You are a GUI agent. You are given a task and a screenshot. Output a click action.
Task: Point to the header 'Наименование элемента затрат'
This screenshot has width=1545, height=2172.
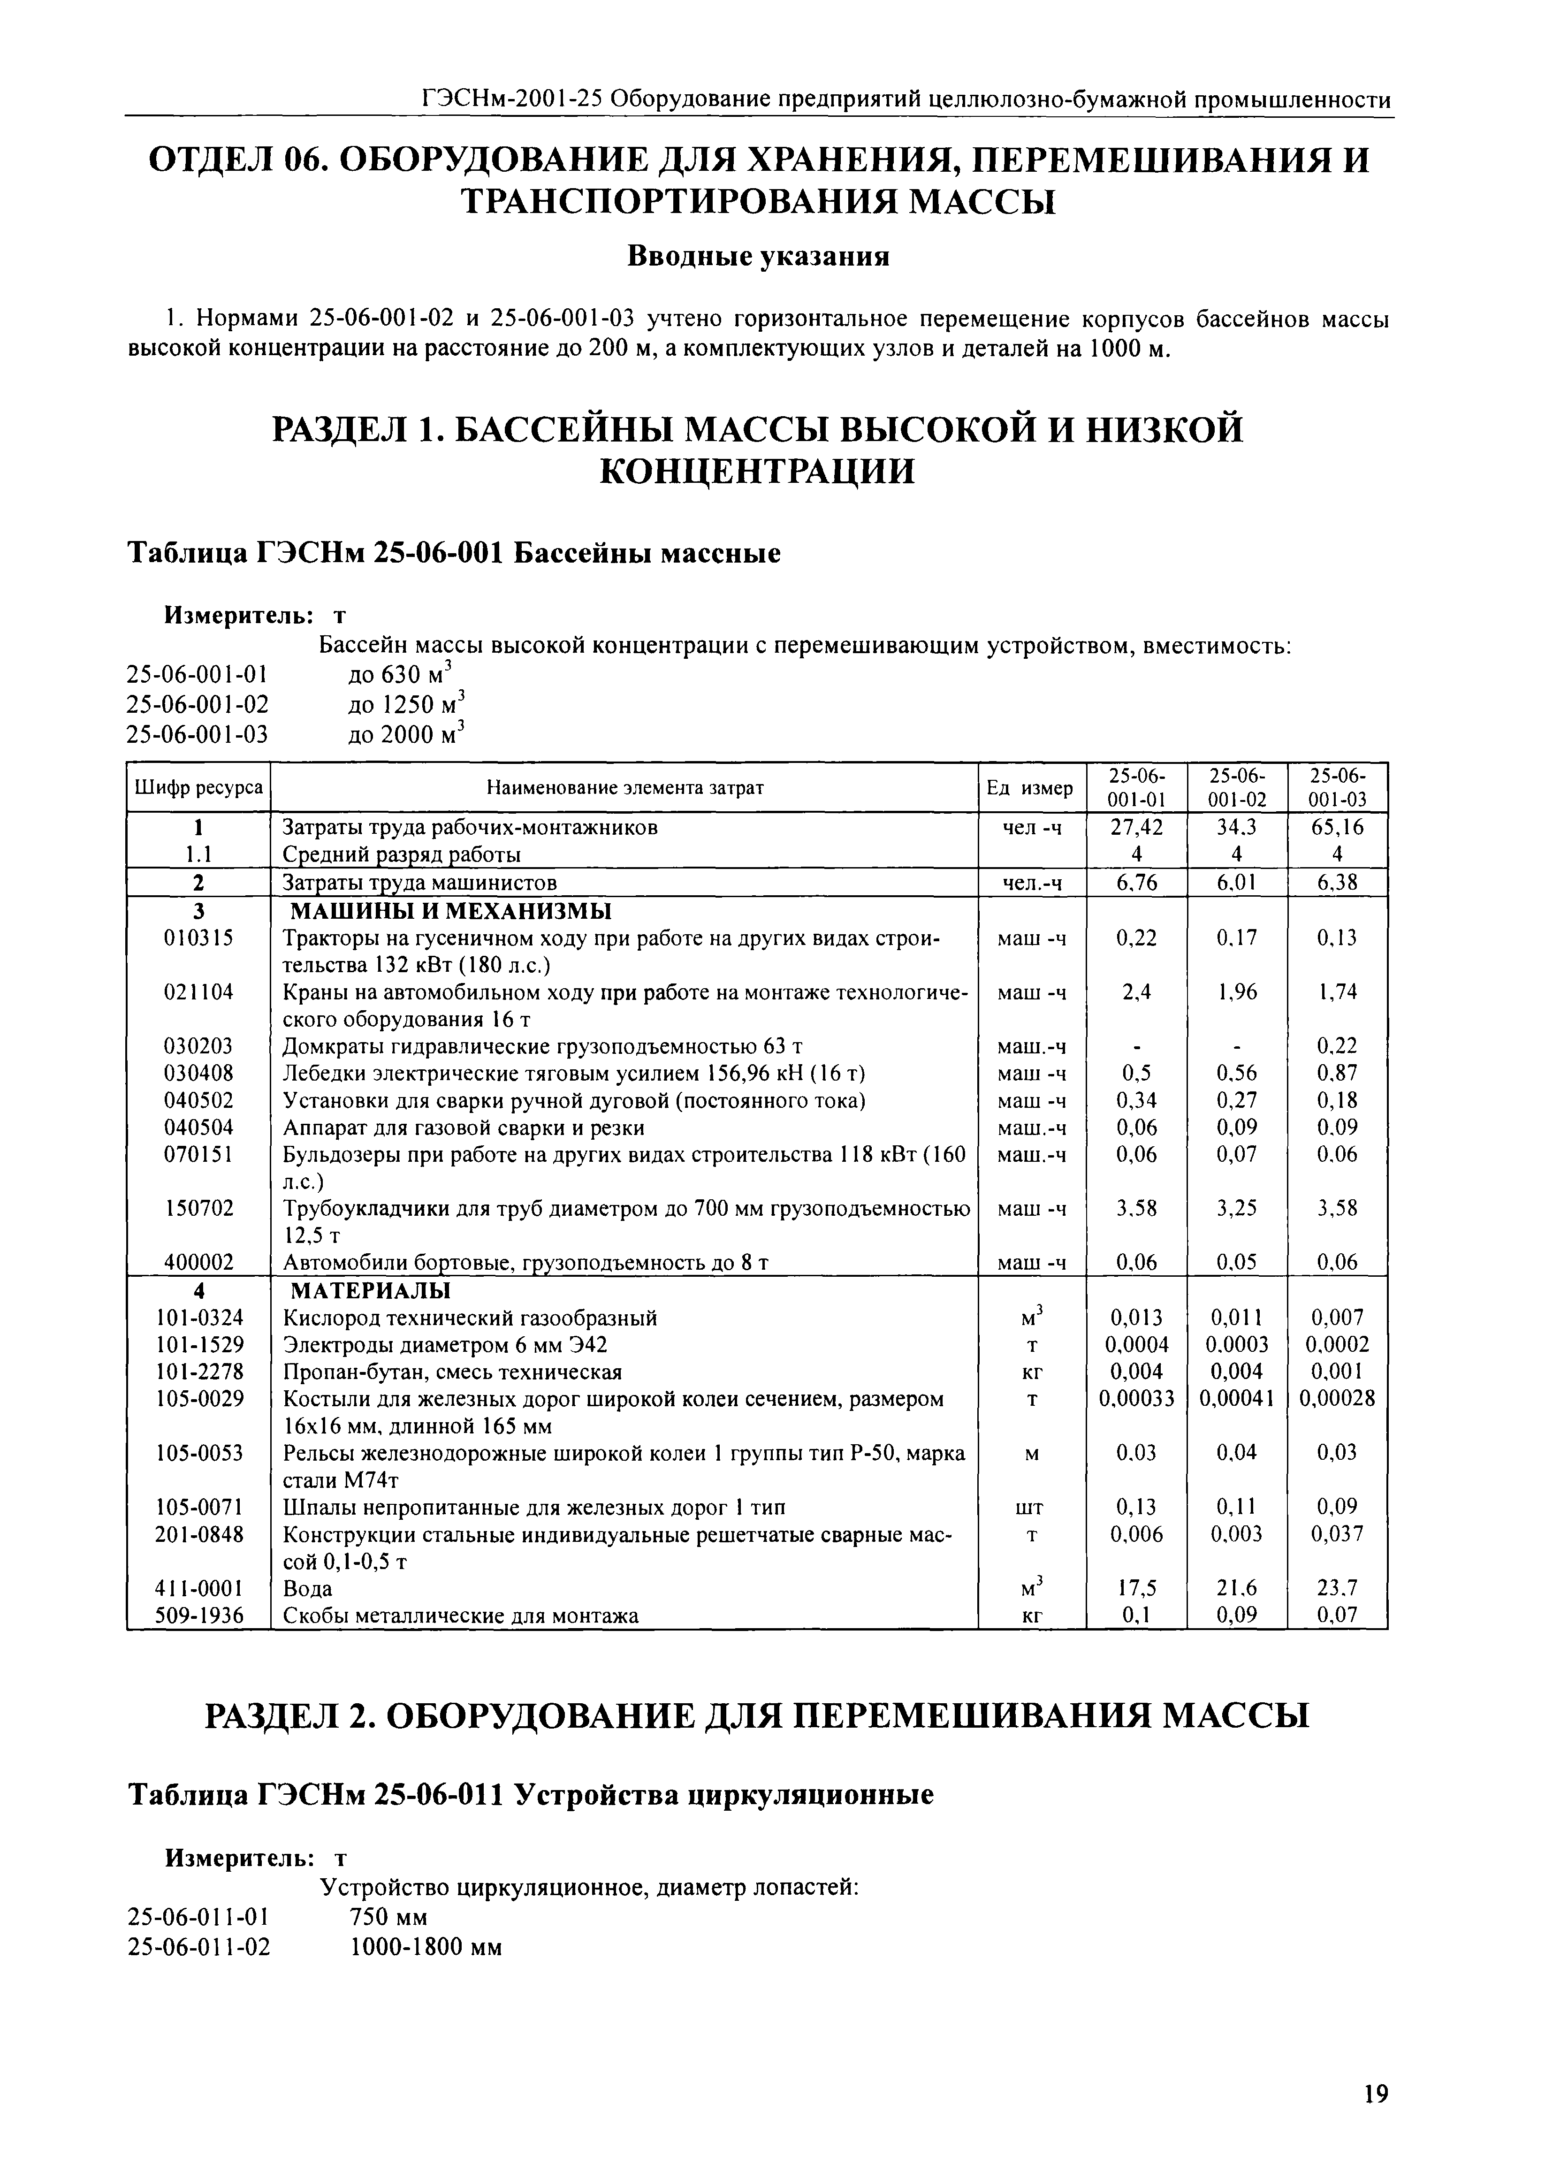tap(624, 788)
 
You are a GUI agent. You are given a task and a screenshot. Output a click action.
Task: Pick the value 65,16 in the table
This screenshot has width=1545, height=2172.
tap(1338, 827)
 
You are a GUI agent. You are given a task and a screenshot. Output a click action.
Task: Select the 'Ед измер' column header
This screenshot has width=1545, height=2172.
tap(1031, 788)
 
